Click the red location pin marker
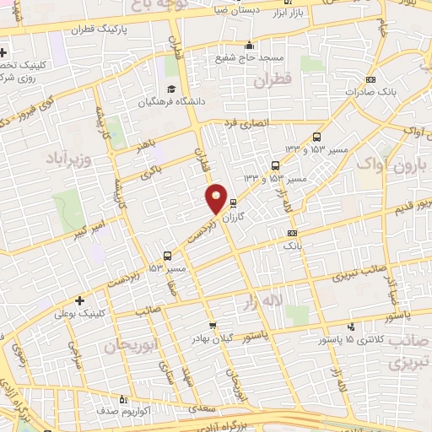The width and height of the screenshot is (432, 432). (x=217, y=199)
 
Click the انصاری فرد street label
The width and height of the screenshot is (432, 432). (x=246, y=123)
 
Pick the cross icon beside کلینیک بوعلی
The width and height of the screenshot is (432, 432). (x=79, y=300)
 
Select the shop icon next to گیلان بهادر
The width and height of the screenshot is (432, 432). (x=213, y=325)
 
